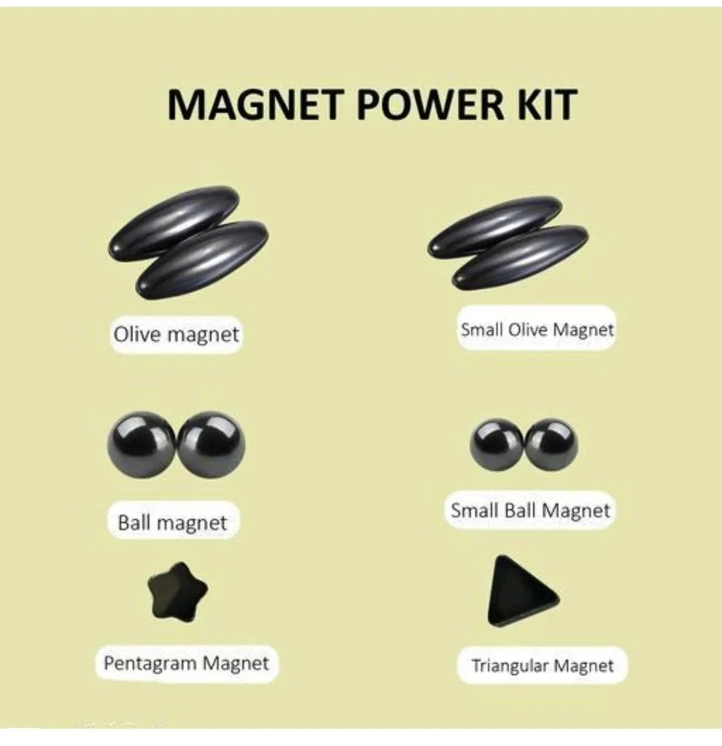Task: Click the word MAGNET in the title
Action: coord(253,105)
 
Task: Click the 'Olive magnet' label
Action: coord(176,334)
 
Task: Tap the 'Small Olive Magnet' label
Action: coord(536,329)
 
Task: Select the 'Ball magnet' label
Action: coord(172,522)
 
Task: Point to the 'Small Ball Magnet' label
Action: coord(530,511)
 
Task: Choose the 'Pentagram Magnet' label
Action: coord(186,664)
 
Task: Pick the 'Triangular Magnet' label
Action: coord(541,666)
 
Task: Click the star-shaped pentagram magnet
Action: coord(176,591)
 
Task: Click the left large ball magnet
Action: coord(142,445)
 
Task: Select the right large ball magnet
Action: coord(211,445)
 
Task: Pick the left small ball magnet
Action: coord(497,445)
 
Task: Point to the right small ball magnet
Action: coord(552,445)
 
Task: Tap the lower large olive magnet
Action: coord(202,259)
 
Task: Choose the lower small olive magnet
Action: coord(520,258)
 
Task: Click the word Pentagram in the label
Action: coord(150,664)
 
